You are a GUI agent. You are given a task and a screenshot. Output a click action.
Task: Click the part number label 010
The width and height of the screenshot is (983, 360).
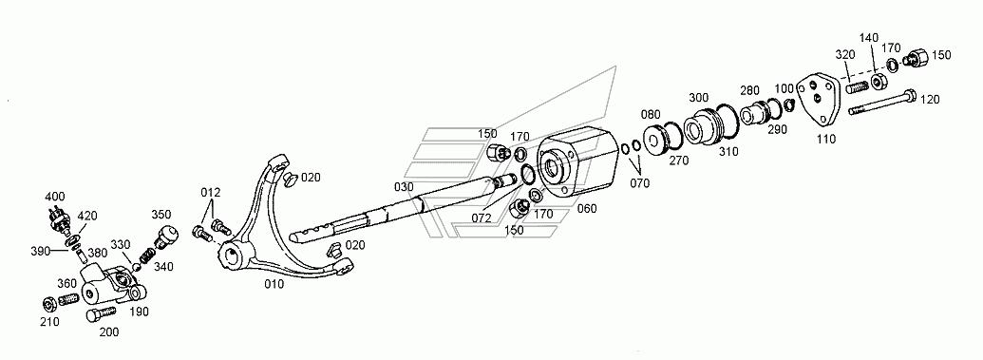[274, 284]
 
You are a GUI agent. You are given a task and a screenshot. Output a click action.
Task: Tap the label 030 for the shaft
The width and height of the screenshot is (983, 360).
[405, 187]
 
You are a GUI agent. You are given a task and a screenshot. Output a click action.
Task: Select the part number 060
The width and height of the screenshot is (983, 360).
[587, 209]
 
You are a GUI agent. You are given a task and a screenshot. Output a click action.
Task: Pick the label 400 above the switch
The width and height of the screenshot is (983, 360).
[54, 197]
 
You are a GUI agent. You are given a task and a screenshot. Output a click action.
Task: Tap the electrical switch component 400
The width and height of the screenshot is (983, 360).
[58, 219]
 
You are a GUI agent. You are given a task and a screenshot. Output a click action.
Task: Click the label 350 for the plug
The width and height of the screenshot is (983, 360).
[161, 215]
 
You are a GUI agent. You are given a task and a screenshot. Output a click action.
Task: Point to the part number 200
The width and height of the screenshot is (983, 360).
[109, 332]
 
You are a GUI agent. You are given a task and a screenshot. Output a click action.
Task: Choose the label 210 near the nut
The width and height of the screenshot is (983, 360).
[49, 322]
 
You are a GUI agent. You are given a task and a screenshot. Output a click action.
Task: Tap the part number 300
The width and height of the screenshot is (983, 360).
[698, 98]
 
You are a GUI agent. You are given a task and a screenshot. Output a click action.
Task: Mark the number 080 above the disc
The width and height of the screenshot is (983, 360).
[651, 115]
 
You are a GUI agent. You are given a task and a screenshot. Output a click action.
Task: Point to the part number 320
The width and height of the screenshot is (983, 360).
[845, 54]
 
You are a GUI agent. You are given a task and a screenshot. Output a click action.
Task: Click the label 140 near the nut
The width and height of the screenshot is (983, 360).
[869, 38]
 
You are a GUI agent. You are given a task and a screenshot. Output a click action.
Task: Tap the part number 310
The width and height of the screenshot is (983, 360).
[728, 151]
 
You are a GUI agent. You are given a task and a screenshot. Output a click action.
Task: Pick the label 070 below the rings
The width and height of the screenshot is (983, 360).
[640, 183]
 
